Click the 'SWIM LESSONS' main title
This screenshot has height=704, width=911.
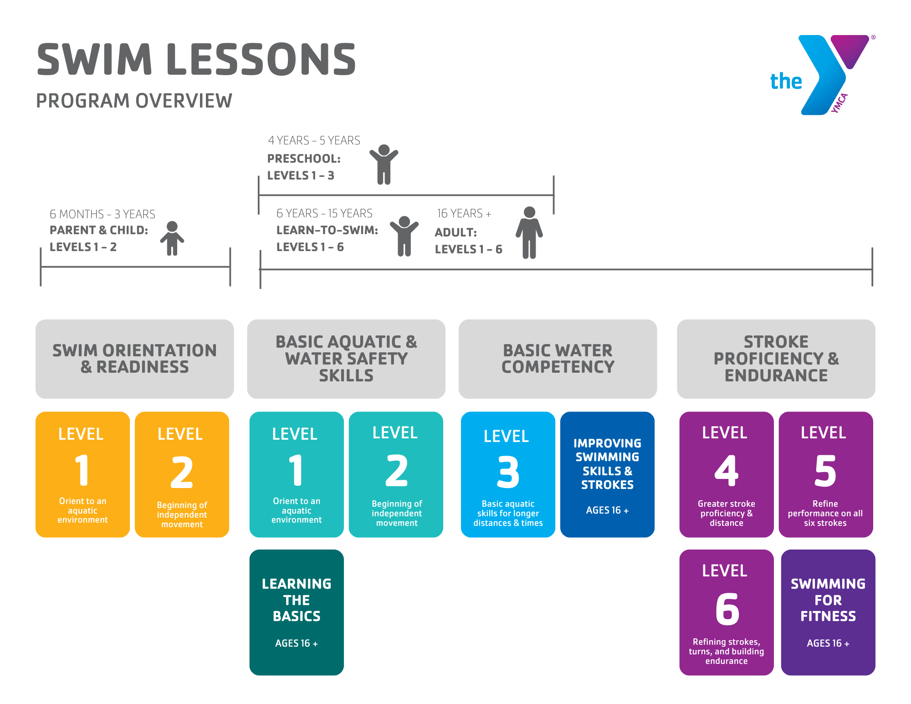click(196, 59)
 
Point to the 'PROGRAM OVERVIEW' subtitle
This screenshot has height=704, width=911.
click(134, 101)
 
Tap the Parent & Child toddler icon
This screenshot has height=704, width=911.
click(172, 238)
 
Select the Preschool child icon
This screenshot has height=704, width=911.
click(384, 164)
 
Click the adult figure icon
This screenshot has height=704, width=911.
click(529, 232)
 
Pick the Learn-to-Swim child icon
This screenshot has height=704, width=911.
click(404, 236)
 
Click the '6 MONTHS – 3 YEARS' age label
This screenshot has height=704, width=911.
click(102, 214)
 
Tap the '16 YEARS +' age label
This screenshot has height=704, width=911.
click(464, 213)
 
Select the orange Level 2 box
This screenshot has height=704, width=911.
click(182, 475)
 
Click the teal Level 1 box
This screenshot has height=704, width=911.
click(297, 475)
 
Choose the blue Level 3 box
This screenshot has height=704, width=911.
click(508, 475)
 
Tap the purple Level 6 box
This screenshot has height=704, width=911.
click(727, 612)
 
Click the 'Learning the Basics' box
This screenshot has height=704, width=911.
click(297, 612)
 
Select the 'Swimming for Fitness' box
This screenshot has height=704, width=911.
click(828, 612)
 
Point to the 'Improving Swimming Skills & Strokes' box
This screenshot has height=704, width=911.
click(607, 475)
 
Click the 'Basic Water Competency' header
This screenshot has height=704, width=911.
click(558, 359)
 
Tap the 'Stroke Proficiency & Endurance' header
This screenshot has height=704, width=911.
click(776, 359)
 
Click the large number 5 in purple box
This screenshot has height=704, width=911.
click(825, 471)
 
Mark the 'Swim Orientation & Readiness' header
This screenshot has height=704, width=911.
click(135, 359)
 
